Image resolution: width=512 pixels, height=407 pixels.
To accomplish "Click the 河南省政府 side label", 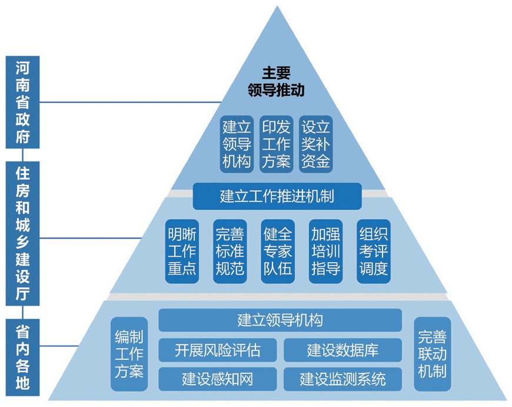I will click(x=23, y=102).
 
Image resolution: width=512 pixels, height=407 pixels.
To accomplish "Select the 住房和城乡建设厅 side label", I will click(x=23, y=233).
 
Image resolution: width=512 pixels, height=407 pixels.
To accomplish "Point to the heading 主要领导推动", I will click(x=276, y=81).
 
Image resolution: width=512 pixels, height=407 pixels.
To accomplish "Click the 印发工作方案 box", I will click(x=277, y=144).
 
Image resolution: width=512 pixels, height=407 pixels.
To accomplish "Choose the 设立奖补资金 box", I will click(x=316, y=144).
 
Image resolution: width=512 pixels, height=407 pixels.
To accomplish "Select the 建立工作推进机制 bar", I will click(x=277, y=196).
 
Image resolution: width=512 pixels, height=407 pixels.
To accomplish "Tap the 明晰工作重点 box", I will click(x=182, y=251).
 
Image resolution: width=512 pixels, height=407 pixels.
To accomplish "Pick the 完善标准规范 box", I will click(x=230, y=251).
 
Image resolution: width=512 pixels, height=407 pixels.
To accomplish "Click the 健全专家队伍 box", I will click(x=277, y=251).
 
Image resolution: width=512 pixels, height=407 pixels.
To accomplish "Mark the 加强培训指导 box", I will click(x=325, y=251).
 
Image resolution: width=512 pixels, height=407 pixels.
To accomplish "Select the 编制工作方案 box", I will click(x=129, y=354).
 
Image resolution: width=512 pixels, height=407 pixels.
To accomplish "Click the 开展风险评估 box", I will click(x=218, y=350).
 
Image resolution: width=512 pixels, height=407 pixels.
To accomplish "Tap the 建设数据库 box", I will click(x=343, y=350).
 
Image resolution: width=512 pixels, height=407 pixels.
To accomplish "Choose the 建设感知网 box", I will click(x=218, y=379).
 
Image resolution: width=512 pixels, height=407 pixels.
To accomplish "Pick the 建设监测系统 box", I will click(x=343, y=379).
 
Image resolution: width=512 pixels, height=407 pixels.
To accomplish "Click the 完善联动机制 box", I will click(x=432, y=354).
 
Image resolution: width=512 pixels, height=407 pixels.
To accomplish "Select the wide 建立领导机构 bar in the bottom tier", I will click(x=280, y=320).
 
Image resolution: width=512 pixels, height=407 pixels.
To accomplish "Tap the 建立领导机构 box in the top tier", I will click(x=237, y=144).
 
